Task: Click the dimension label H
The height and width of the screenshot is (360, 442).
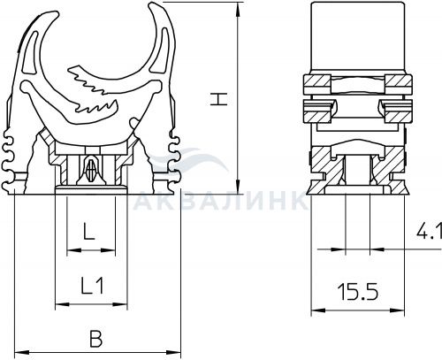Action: point(219,99)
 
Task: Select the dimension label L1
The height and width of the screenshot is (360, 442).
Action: point(92,286)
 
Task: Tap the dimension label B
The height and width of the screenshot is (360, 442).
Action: point(95,339)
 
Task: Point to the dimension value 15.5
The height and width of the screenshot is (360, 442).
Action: point(359,292)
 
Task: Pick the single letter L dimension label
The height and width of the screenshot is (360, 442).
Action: point(88,231)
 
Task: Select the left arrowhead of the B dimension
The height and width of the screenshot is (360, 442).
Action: point(22,352)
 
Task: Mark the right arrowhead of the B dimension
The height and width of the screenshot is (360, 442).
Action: point(173,352)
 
